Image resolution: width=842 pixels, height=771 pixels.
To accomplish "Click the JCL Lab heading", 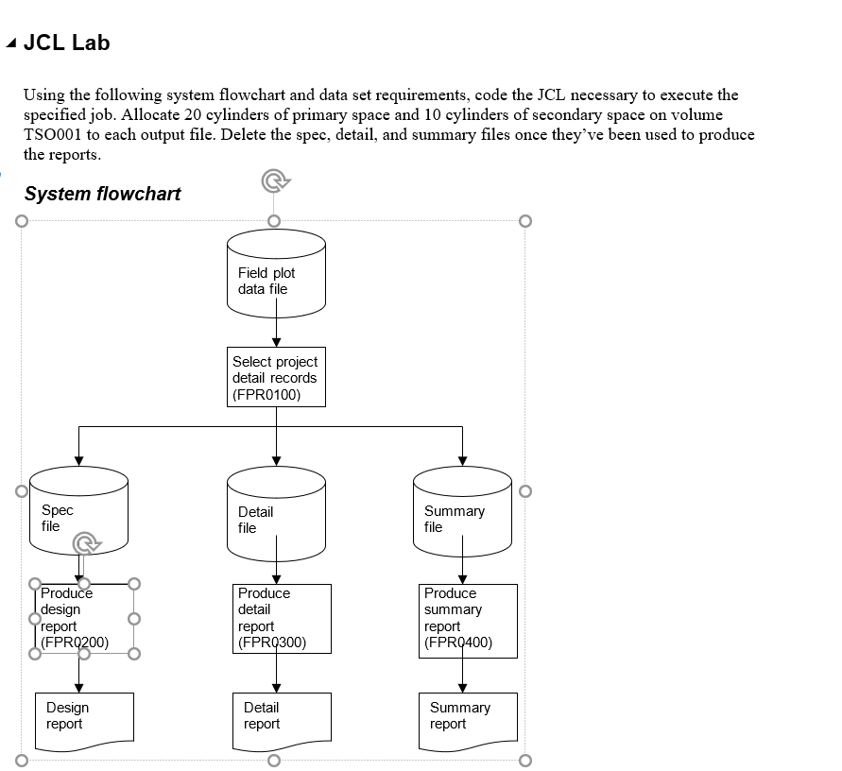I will [x=66, y=43].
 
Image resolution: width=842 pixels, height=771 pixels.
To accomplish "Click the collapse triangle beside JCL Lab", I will [x=10, y=43].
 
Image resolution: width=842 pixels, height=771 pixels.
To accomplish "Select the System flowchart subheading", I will [x=102, y=194].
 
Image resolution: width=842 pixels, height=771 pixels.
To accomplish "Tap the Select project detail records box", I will [x=276, y=377].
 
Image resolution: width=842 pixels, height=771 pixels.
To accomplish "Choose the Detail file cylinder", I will [x=276, y=515].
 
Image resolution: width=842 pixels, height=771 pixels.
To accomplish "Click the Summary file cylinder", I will [x=462, y=515].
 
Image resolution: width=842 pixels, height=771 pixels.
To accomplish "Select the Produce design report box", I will [x=84, y=619].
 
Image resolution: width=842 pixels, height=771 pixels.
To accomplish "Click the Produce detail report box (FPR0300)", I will [x=283, y=619].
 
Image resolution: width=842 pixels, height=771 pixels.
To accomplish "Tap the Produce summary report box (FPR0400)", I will [x=469, y=620].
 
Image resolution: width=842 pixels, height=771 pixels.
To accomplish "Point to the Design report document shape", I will [x=84, y=721].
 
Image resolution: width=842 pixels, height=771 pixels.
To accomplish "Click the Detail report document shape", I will [x=282, y=721].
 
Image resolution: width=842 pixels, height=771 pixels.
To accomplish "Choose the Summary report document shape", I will [x=468, y=721].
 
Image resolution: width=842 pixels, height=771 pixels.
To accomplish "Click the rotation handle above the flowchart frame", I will [x=274, y=181].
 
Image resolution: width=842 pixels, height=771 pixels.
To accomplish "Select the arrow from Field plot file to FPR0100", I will [x=276, y=330].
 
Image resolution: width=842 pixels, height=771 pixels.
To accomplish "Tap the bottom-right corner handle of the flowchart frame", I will [x=525, y=760].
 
